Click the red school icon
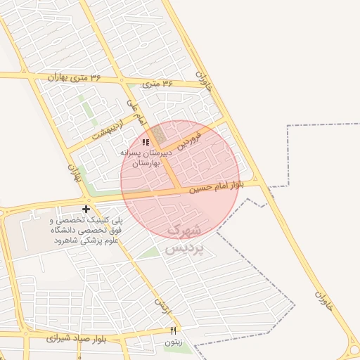pos(146,143)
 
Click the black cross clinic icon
pos(86,209)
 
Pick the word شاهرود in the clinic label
pos(68,240)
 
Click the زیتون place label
pos(172,342)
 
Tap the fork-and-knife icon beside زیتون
pos(173,330)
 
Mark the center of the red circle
pos(180,180)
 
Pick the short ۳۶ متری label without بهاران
pos(157,84)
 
